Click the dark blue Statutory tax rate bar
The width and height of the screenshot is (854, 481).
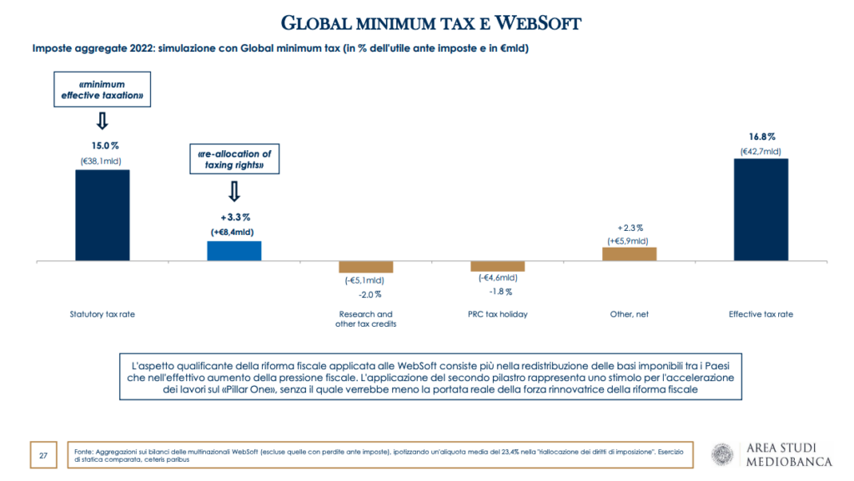pyautogui.click(x=103, y=215)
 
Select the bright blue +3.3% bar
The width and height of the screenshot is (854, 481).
pyautogui.click(x=234, y=251)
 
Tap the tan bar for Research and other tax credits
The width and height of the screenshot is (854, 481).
pyautogui.click(x=365, y=267)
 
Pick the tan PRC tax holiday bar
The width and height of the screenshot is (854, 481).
pyautogui.click(x=497, y=266)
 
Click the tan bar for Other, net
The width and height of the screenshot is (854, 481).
pyautogui.click(x=630, y=254)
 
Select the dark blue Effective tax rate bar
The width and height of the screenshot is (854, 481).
pyautogui.click(x=761, y=209)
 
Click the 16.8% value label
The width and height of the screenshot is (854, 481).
pyautogui.click(x=761, y=136)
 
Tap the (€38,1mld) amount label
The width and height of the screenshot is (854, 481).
pyautogui.click(x=102, y=160)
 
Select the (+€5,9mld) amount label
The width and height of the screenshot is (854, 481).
pyautogui.click(x=630, y=240)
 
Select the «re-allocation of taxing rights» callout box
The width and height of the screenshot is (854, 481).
pyautogui.click(x=234, y=159)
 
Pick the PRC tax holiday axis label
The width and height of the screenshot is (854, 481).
pyautogui.click(x=498, y=314)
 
